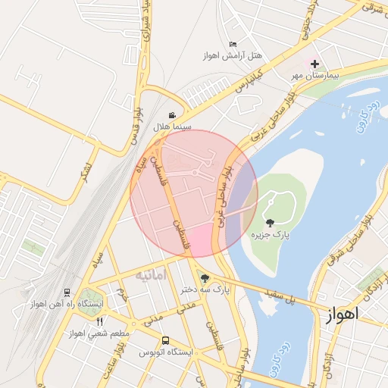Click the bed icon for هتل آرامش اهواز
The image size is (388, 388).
click(233, 44)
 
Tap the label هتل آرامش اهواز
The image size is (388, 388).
click(232, 55)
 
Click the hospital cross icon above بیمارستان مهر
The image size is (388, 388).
click(314, 64)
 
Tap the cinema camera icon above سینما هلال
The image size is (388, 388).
click(173, 115)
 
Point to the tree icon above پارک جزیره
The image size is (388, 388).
click(271, 223)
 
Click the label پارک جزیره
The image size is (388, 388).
click(271, 235)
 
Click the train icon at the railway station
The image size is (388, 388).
click(67, 292)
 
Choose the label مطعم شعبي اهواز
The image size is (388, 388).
click(99, 333)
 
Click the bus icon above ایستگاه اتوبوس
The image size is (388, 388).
click(166, 341)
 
